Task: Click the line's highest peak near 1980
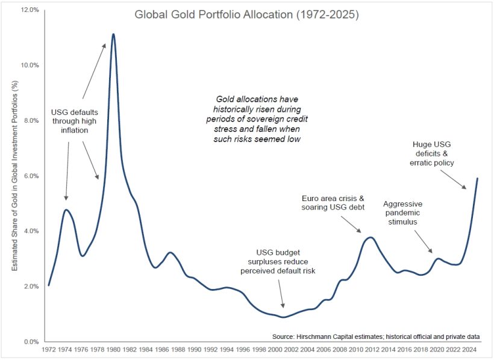(x=113, y=34)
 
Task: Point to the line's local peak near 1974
(x=66, y=209)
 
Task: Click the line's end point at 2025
(x=478, y=178)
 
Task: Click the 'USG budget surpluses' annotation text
(x=286, y=262)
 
